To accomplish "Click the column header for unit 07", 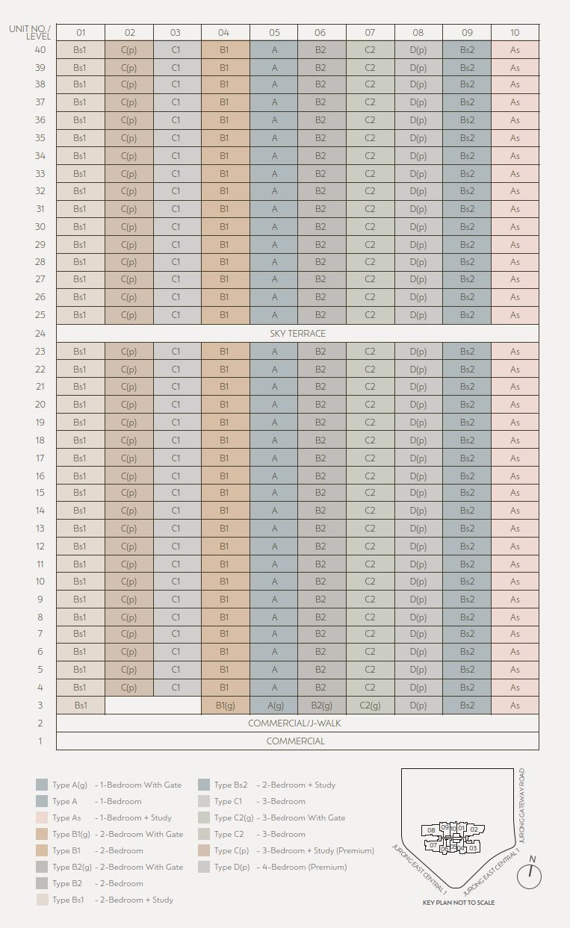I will pos(370,33).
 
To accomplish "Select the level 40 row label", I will pos(40,50).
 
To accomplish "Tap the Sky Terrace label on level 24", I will pos(297,334).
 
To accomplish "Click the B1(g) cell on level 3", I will pos(225,706).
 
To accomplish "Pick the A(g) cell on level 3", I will pos(274,706).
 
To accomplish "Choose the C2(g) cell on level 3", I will pos(370,706).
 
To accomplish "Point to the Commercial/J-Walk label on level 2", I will pos(297,723).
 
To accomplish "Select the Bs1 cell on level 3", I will pos(80,706).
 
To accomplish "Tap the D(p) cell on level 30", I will pos(418,227).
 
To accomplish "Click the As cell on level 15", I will pos(515,493).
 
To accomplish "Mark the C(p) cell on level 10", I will pos(128,582).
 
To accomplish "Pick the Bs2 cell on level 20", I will pos(467,405).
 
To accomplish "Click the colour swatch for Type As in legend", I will pos(42,818).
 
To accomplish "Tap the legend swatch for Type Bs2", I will pos(204,785).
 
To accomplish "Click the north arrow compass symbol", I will pos(529,876).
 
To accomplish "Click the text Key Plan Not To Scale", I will pos(459,903).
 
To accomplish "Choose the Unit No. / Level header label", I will pos(31,32).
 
